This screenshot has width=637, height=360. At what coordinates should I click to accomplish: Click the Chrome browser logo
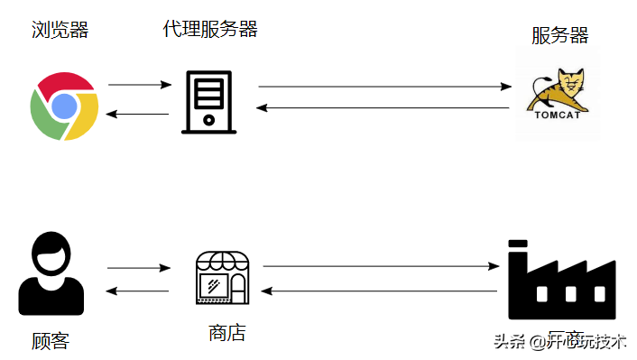tap(63, 107)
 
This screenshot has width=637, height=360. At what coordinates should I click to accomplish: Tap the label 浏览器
tap(60, 31)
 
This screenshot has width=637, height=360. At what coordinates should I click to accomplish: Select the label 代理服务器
tap(210, 29)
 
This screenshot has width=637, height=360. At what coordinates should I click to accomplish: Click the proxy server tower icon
tap(209, 102)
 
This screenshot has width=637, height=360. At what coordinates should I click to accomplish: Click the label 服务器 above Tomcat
tap(559, 35)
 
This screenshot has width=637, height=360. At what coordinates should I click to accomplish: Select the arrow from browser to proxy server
tap(139, 85)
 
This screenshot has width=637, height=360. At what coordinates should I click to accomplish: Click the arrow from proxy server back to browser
tap(138, 114)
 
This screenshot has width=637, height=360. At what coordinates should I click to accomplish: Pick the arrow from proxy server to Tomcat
tap(384, 87)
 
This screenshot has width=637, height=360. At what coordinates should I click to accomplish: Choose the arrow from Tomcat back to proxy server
tap(383, 108)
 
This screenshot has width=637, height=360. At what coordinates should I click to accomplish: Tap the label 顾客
tap(50, 341)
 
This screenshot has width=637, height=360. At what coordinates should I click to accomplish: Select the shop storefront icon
tap(222, 277)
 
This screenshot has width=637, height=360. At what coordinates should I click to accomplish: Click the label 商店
tap(226, 333)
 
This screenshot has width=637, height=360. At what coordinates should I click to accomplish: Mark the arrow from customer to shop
tap(138, 267)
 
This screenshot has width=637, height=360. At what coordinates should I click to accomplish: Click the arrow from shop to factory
tap(381, 266)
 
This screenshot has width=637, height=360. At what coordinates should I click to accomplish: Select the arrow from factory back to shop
tap(381, 291)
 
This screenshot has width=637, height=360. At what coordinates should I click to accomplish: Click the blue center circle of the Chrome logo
tap(63, 107)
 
